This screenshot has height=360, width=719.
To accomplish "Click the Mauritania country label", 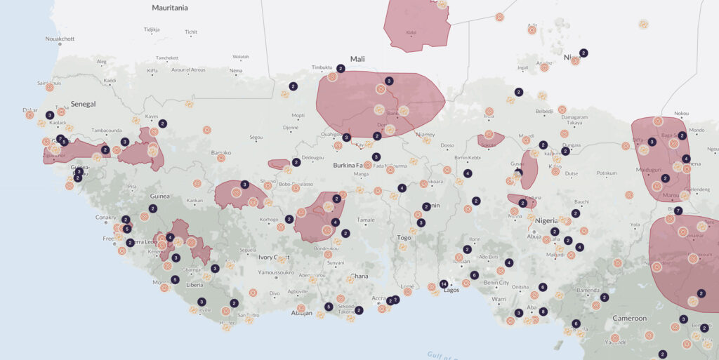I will click(170, 8).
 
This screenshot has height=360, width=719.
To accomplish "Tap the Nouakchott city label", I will click(60, 39).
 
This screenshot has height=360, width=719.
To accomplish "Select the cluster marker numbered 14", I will click(443, 284).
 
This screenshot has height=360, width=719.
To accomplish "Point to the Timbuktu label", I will click(322, 67).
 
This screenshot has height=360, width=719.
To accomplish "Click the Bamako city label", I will click(221, 152).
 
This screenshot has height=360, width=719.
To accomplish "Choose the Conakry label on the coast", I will click(105, 217).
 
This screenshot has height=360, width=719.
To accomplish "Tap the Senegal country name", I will click(82, 104).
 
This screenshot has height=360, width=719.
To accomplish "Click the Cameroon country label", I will click(629, 318).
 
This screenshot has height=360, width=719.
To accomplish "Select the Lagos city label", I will click(451, 290).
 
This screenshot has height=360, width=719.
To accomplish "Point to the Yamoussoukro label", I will click(275, 272).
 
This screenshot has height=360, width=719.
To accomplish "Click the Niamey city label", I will click(426, 134).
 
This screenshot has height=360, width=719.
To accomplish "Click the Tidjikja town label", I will click(152, 29).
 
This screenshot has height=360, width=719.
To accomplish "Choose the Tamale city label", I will click(366, 220).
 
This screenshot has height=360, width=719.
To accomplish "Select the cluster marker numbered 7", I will click(678, 211).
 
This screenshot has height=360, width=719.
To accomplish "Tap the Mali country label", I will click(358, 59).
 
